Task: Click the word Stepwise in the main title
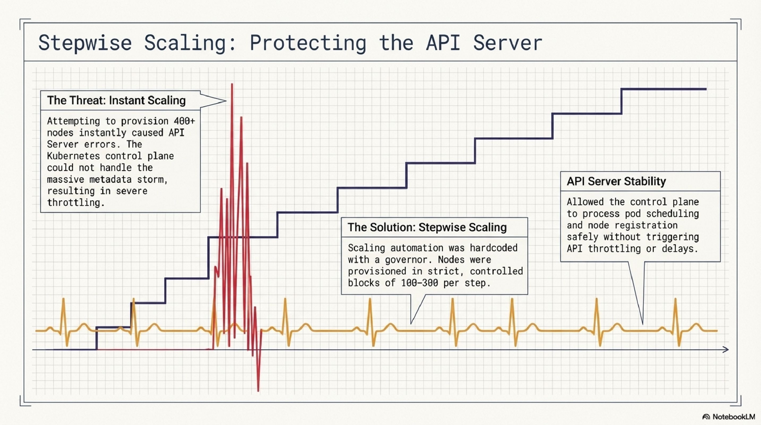click(x=85, y=43)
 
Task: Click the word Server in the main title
click(x=508, y=43)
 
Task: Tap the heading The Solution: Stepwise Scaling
click(x=427, y=227)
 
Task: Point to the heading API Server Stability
click(x=616, y=181)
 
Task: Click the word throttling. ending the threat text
click(x=76, y=203)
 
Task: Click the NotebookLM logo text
click(x=733, y=417)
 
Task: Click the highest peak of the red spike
click(x=232, y=84)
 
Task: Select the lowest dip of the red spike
click(x=258, y=391)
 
